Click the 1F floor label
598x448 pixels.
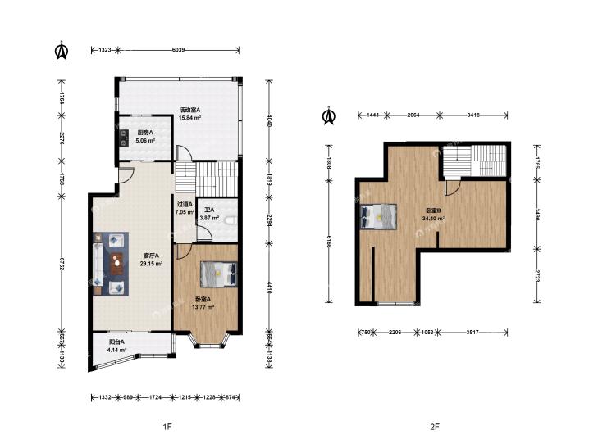[167, 427]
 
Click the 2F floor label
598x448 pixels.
[435, 427]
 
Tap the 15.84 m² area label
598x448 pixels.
[190, 118]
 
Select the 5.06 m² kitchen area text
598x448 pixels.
[145, 140]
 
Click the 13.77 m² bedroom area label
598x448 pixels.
[204, 307]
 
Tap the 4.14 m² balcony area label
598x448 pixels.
[116, 350]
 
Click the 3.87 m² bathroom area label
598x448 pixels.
[209, 218]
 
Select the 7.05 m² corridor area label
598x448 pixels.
[185, 212]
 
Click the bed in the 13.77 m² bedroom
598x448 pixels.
[219, 274]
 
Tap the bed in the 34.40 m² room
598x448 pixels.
[379, 216]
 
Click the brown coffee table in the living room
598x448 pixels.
[116, 264]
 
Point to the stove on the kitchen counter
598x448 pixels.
[123, 138]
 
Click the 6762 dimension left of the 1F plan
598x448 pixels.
[61, 263]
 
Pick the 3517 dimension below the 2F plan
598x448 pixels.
[472, 333]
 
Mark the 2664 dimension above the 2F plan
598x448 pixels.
[413, 115]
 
